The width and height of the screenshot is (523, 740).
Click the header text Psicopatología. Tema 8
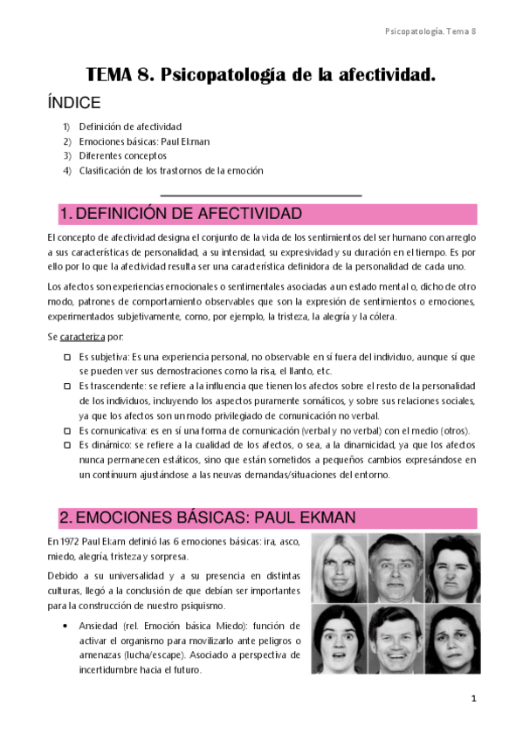coord(430,31)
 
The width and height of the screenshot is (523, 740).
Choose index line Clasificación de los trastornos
coord(182,170)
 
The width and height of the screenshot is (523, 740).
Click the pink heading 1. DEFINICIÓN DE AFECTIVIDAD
coord(181,215)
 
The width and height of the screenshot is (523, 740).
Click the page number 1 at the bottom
coord(473,699)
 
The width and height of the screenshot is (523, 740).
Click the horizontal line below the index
coord(261,195)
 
